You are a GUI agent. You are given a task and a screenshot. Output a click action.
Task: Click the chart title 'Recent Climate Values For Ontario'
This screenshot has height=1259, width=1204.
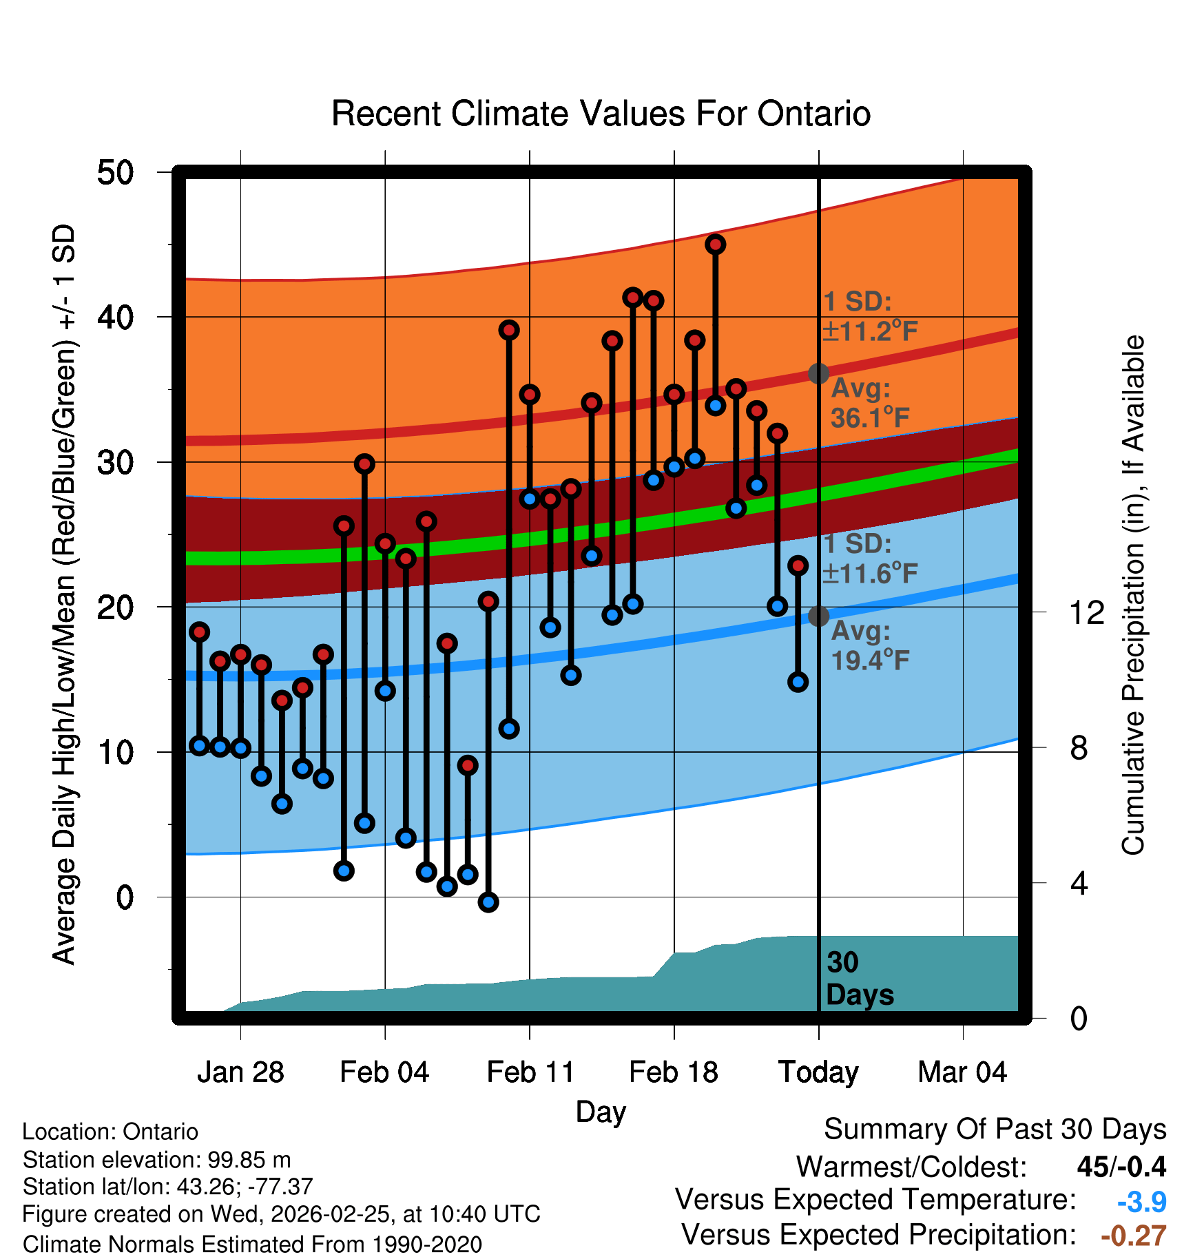click(x=601, y=114)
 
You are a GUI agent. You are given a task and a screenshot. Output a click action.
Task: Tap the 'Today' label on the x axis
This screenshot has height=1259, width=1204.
click(x=818, y=1072)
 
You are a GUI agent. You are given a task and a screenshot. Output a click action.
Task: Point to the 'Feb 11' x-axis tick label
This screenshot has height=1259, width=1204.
click(x=530, y=1072)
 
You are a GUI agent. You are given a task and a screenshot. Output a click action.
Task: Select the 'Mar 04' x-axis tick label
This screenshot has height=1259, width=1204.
click(x=962, y=1072)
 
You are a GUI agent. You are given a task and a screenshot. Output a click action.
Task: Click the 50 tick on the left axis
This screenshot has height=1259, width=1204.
click(x=115, y=172)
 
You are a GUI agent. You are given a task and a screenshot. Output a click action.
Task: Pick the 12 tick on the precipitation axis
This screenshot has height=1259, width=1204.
click(x=1086, y=612)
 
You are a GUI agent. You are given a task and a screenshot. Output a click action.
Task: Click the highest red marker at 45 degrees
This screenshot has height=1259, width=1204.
click(x=716, y=244)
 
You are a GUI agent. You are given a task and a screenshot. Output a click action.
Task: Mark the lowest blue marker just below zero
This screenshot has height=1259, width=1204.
click(x=488, y=902)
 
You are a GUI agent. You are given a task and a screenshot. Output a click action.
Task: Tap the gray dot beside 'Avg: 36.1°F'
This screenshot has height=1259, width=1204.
click(x=818, y=373)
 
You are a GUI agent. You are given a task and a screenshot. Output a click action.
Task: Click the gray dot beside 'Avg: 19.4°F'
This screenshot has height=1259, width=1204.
click(x=818, y=616)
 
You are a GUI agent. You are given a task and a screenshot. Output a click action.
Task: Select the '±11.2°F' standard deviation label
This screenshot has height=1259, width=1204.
click(x=870, y=331)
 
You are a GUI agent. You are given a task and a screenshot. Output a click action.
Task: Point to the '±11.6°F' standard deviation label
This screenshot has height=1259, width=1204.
click(x=870, y=573)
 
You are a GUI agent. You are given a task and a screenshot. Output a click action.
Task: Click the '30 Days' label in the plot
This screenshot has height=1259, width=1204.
click(x=859, y=979)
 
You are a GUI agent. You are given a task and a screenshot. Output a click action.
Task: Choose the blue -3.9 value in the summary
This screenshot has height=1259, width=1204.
click(x=1141, y=1203)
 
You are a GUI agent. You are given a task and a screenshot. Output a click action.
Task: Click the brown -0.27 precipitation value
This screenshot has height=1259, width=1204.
click(x=1133, y=1236)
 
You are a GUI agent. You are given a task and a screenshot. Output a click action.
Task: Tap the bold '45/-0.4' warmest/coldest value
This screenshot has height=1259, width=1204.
click(x=1121, y=1167)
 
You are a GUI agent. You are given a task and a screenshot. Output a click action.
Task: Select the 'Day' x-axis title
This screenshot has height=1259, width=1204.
click(x=601, y=1112)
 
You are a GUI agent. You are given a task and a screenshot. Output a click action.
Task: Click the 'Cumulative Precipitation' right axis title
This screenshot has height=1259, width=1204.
click(x=1133, y=595)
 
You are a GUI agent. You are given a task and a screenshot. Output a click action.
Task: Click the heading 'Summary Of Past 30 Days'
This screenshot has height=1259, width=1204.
click(x=995, y=1130)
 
